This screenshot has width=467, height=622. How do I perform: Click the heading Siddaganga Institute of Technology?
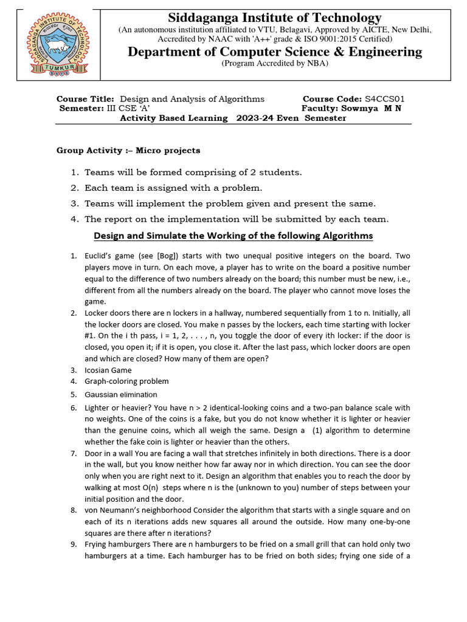275,18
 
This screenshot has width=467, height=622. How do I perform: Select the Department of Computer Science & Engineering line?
275,52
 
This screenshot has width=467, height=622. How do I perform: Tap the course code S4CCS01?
385,99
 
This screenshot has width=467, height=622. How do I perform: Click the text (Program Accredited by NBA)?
275,63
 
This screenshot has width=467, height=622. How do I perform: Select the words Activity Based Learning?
174,118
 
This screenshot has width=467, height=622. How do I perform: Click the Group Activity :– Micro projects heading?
128,150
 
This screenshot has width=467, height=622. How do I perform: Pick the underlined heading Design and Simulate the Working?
233,235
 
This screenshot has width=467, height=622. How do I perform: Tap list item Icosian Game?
108,370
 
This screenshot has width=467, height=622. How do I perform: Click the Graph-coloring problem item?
126,381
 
